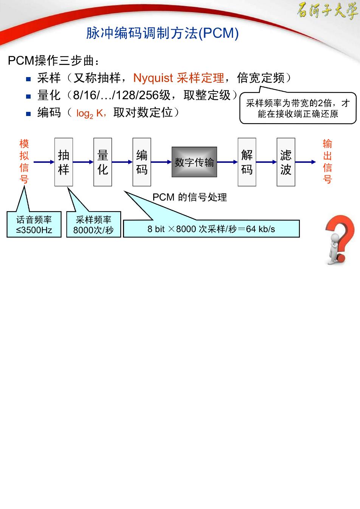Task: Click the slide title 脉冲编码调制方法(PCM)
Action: pyautogui.click(x=162, y=33)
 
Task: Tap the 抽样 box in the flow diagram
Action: pyautogui.click(x=64, y=162)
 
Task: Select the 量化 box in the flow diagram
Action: pyautogui.click(x=102, y=162)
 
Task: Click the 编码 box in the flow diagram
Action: pyautogui.click(x=142, y=162)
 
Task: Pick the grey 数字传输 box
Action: pyautogui.click(x=194, y=162)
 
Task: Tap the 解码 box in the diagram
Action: pyautogui.click(x=247, y=162)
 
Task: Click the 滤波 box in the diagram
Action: pyautogui.click(x=286, y=162)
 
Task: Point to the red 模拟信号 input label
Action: pyautogui.click(x=24, y=161)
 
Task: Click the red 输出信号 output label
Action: pyautogui.click(x=327, y=161)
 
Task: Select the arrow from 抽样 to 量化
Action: pyautogui.click(x=83, y=162)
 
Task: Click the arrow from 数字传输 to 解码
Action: pyautogui.click(x=227, y=162)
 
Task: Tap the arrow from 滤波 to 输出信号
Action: pyautogui.click(x=306, y=162)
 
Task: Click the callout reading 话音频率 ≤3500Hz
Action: pyautogui.click(x=34, y=224)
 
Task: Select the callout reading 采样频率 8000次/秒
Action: pyautogui.click(x=93, y=224)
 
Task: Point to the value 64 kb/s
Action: pyautogui.click(x=261, y=229)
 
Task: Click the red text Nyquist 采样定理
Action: pyautogui.click(x=179, y=78)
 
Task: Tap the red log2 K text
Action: pyautogui.click(x=90, y=113)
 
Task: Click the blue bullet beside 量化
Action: pyautogui.click(x=28, y=96)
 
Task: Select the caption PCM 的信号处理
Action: pyautogui.click(x=190, y=197)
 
